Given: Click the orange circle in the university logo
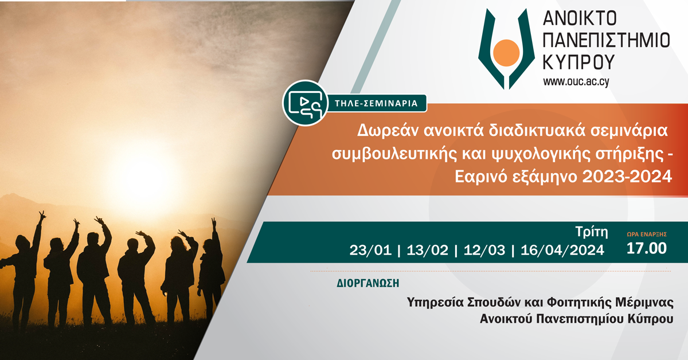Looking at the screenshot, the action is (x=506, y=53).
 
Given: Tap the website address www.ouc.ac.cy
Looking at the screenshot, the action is (x=576, y=82).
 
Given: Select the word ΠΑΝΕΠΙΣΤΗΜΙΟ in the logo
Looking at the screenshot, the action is (x=607, y=40).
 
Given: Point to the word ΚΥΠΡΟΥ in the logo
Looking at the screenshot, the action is (x=578, y=62).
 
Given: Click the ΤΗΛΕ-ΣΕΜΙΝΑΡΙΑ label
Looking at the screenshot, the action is (x=376, y=103).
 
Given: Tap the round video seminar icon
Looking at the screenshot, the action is (x=305, y=103).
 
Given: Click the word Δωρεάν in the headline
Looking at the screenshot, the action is (x=388, y=131).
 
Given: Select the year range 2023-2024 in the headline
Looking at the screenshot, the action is (x=627, y=177).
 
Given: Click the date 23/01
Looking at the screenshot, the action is (x=370, y=251).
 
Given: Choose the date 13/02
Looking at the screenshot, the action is (x=427, y=251).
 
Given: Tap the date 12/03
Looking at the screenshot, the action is (x=484, y=251).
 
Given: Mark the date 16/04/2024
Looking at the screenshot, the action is (x=562, y=251).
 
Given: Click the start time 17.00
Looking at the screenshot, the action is (x=647, y=248).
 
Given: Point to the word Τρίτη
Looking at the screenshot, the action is (x=592, y=232).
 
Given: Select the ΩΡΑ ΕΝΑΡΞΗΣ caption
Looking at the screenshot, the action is (x=647, y=234).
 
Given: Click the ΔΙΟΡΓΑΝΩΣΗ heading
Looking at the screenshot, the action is (x=368, y=283).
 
